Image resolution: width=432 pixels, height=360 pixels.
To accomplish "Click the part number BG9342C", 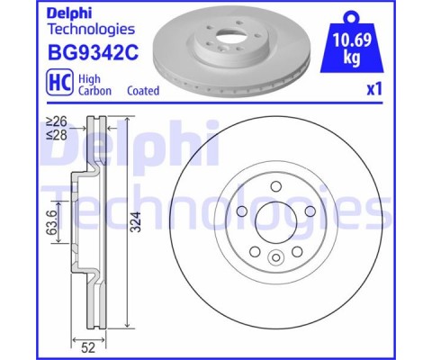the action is click(x=93, y=52).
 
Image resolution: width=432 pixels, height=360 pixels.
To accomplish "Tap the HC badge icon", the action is click(x=59, y=82).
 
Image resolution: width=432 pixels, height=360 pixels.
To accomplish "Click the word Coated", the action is click(x=143, y=90).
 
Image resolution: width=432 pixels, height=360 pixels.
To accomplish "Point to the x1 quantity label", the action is click(x=374, y=89).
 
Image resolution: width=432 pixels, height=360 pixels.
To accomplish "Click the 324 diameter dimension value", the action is click(x=136, y=221).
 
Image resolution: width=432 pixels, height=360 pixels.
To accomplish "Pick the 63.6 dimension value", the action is click(x=51, y=222).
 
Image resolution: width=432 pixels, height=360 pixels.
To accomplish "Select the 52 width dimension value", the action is click(x=88, y=347).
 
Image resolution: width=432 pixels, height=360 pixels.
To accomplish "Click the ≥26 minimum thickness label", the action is click(x=56, y=121).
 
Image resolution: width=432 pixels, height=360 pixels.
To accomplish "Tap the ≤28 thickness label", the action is click(x=56, y=135).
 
